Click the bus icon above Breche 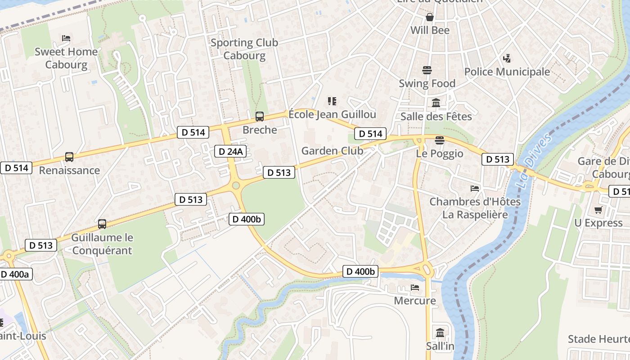pyautogui.click(x=260, y=117)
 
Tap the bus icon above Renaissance pyautogui.click(x=69, y=157)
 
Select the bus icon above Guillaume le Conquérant pyautogui.click(x=102, y=224)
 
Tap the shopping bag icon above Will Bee pyautogui.click(x=430, y=17)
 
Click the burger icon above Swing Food pyautogui.click(x=427, y=70)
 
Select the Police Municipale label pyautogui.click(x=507, y=72)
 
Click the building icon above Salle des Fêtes pyautogui.click(x=436, y=103)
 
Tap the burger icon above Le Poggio pyautogui.click(x=440, y=140)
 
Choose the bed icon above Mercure pyautogui.click(x=415, y=287)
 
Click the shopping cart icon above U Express pyautogui.click(x=598, y=210)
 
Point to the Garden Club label pyautogui.click(x=332, y=151)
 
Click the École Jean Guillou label pyautogui.click(x=332, y=114)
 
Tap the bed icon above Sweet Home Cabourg pyautogui.click(x=66, y=38)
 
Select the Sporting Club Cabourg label pyautogui.click(x=244, y=49)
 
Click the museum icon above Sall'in pyautogui.click(x=440, y=333)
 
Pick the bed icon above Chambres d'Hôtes pyautogui.click(x=475, y=188)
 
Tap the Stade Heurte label pyautogui.click(x=598, y=339)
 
